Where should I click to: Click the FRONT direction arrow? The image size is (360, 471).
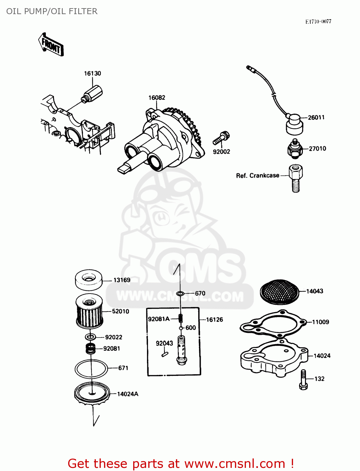(x=51, y=45)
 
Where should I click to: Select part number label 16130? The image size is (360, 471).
(x=92, y=73)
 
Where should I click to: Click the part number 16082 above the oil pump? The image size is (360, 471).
(x=157, y=98)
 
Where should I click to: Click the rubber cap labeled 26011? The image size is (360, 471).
(x=295, y=124)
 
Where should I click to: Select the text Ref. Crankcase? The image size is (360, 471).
(x=258, y=176)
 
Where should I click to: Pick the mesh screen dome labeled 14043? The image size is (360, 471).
(x=279, y=291)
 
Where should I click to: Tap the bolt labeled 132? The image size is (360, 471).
(x=303, y=380)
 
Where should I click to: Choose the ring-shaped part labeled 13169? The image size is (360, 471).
(x=89, y=279)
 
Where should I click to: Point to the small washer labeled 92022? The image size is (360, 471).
(x=91, y=337)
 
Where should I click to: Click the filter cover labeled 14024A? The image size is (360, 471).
(x=92, y=394)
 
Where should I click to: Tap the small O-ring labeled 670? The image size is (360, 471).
(x=180, y=294)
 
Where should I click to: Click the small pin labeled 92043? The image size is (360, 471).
(x=165, y=354)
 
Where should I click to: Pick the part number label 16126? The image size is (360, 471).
(x=215, y=320)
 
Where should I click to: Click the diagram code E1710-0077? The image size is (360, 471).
(x=318, y=21)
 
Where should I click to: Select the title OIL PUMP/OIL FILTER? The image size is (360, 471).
(x=52, y=11)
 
